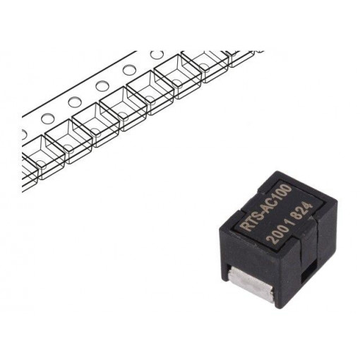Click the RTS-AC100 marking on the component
pyautogui.click(x=267, y=208)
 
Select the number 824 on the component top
pyautogui.click(x=304, y=210)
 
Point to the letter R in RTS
pyautogui.click(x=246, y=227)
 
